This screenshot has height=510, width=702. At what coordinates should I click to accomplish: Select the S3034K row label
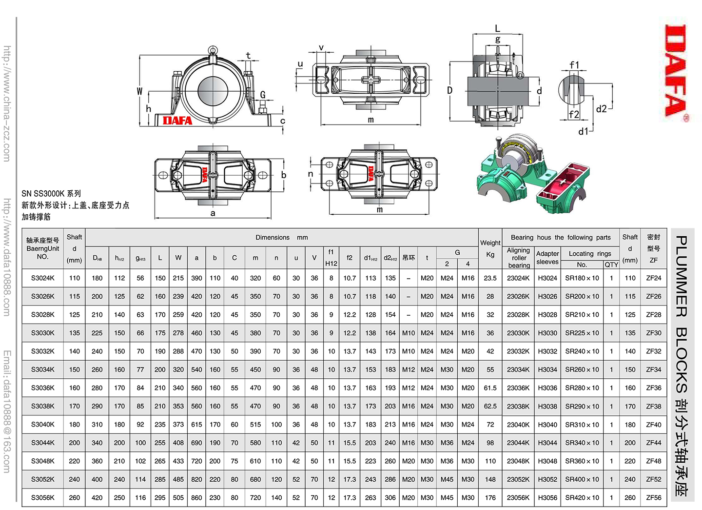point(42,369)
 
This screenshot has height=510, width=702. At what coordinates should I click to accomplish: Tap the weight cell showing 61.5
point(490,388)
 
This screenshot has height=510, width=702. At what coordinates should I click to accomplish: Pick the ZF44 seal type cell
point(653,443)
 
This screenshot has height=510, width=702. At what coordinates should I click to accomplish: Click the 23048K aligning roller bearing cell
point(518,461)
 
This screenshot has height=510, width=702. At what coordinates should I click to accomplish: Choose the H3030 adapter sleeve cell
point(547,333)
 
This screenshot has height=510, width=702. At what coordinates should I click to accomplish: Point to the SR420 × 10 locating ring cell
point(582,498)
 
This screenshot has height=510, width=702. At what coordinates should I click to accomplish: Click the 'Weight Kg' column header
point(490,248)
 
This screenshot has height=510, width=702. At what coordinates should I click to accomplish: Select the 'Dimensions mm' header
point(282,238)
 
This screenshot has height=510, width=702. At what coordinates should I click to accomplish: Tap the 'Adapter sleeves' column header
point(547,258)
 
